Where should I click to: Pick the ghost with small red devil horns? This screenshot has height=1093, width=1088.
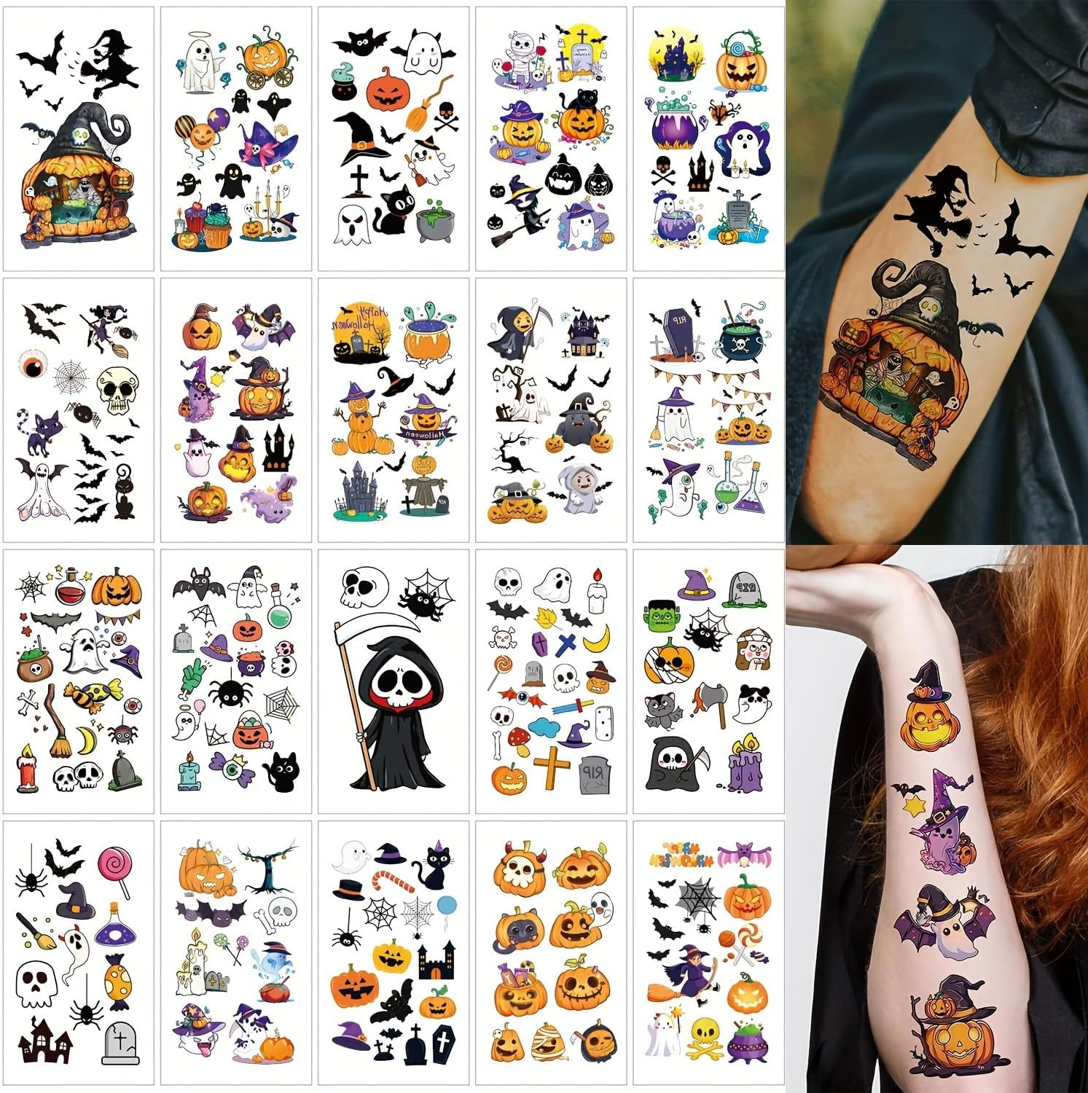coord(598,907)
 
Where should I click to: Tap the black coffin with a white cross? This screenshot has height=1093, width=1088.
coord(442,1045)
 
